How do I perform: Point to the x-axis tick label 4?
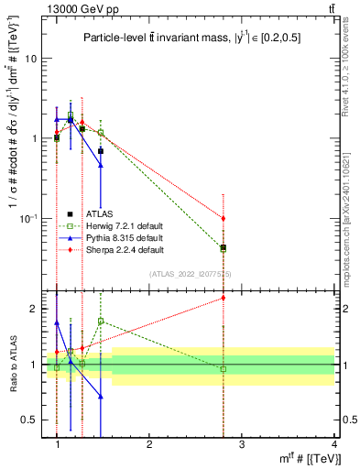click(x=334, y=443)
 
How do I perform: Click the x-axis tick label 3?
click(x=242, y=443)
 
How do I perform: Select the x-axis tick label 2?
click(x=149, y=443)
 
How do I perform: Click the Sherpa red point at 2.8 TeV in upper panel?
click(x=224, y=218)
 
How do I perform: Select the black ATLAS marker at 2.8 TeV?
click(x=224, y=247)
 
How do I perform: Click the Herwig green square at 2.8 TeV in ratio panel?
click(x=224, y=369)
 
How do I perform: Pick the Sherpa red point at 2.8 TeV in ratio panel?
click(x=224, y=297)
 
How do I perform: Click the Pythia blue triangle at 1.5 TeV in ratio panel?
click(x=100, y=397)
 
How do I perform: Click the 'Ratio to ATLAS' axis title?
click(x=13, y=364)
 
